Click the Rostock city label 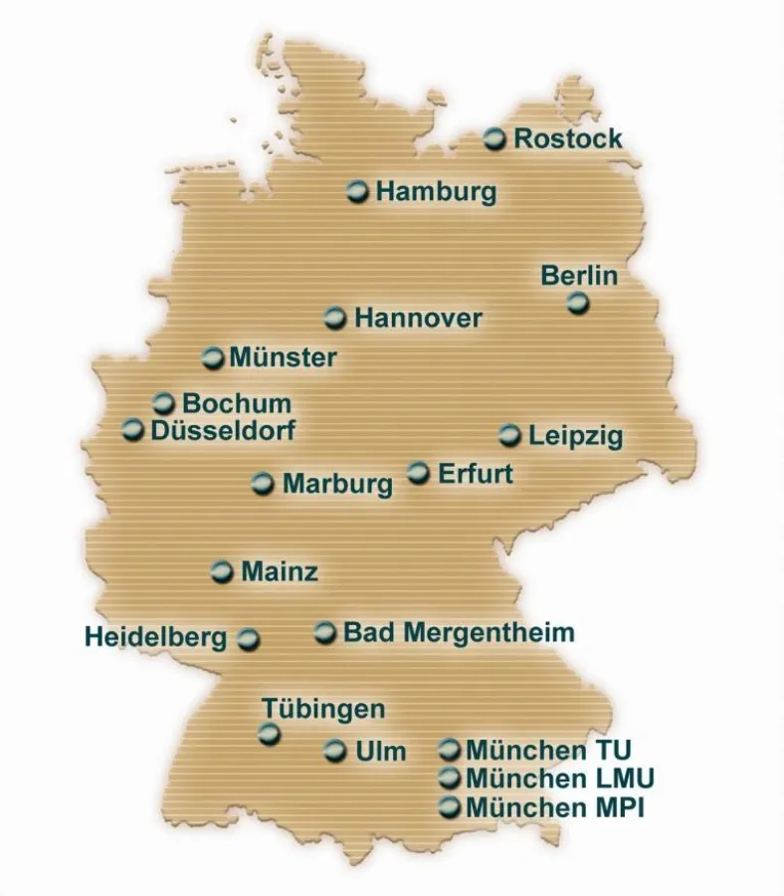coord(567,139)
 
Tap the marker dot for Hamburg coord(358,191)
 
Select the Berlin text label coord(579,276)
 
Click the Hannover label coord(418,319)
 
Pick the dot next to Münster coord(213,357)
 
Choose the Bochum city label coord(237,404)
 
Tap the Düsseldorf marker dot coord(133,430)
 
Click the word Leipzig coord(575,436)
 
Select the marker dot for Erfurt coord(419,472)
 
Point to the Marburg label coord(337,485)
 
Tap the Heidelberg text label coord(156,637)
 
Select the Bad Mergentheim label coord(459,632)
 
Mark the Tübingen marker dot coord(270,735)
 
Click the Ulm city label coord(380,752)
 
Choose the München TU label coord(548,750)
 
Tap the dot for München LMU coord(450,778)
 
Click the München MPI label coord(554,807)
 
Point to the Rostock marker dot coord(495,139)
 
